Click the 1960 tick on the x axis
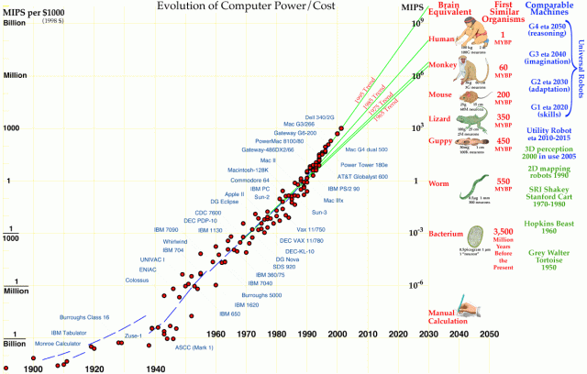click(216, 335)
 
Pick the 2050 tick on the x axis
click(490, 335)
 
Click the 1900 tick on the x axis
click(35, 368)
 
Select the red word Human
click(441, 38)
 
